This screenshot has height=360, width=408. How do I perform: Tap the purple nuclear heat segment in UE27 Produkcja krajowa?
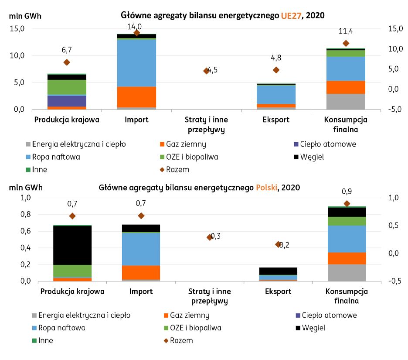click(x=67, y=101)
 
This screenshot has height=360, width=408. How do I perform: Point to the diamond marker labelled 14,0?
click(x=136, y=33)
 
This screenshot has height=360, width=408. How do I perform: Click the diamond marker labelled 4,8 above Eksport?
click(x=275, y=70)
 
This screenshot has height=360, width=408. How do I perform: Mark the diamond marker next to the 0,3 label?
click(x=210, y=237)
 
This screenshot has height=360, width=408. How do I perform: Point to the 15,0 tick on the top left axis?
click(x=17, y=29)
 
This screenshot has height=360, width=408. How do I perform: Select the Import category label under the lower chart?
click(x=140, y=291)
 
